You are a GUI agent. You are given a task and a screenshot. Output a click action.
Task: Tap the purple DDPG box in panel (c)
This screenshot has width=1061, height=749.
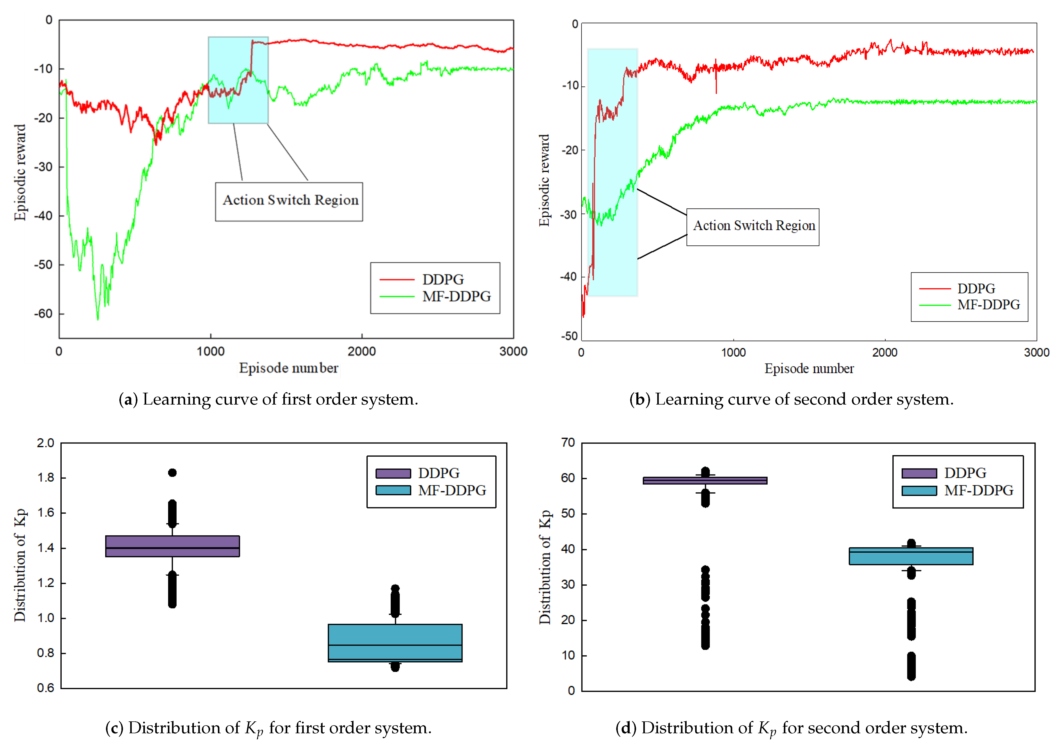[x=172, y=546]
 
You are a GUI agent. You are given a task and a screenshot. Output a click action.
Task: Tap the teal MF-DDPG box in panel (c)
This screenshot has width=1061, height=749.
[x=395, y=643]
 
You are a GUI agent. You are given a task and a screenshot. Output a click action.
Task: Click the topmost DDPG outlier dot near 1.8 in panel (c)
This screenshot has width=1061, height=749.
[x=172, y=472]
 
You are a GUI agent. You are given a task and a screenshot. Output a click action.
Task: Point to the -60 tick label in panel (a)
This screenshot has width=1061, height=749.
[x=43, y=314]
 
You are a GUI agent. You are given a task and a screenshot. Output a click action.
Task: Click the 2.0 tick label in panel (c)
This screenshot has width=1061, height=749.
[x=45, y=443]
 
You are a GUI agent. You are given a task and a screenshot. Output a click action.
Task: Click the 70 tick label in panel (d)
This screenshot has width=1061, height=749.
[x=568, y=442]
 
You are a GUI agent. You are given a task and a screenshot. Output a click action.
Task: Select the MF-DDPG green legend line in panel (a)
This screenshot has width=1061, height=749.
[x=397, y=296]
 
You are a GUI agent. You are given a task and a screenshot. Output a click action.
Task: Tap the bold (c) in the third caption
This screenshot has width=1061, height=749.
[x=114, y=728]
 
